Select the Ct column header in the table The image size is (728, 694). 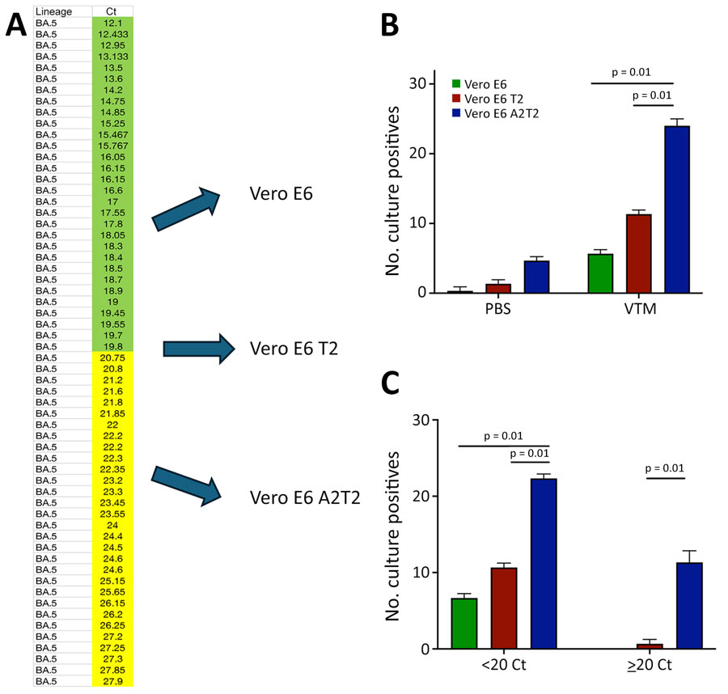tap(112, 11)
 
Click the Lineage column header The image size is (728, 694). tap(54, 11)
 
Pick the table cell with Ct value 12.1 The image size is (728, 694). tap(112, 22)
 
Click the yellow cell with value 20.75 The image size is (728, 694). tap(112, 357)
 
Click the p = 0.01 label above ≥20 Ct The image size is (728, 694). tap(666, 468)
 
